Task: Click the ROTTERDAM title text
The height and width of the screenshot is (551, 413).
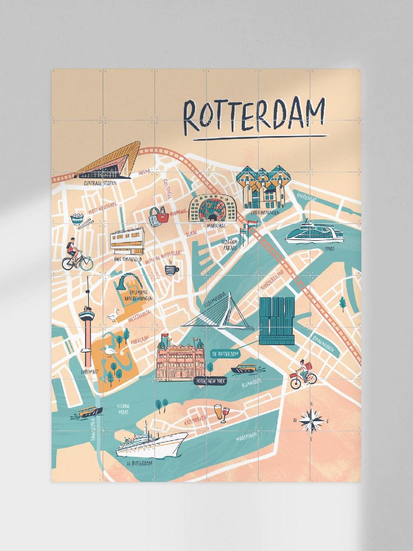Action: click(253, 113)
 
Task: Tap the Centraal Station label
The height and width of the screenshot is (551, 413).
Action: click(100, 183)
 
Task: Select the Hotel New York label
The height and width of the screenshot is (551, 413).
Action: click(210, 382)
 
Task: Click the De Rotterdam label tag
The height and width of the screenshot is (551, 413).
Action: click(225, 354)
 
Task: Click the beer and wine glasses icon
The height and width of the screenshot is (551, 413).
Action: click(221, 413)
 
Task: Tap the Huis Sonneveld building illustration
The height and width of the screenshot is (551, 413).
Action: click(126, 243)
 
